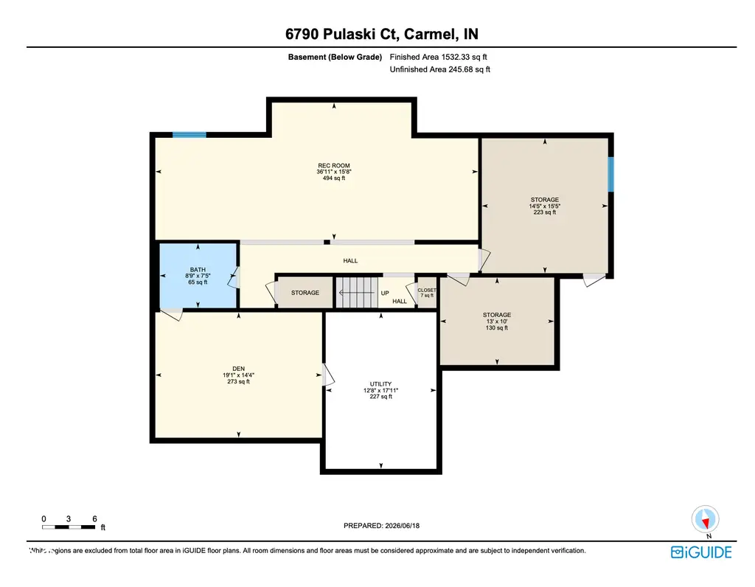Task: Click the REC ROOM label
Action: click(x=334, y=166)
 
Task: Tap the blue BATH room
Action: click(x=198, y=276)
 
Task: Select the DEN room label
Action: click(x=238, y=369)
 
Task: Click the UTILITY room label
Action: click(x=380, y=384)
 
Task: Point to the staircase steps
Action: click(x=356, y=292)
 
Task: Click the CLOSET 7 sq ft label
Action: click(x=427, y=293)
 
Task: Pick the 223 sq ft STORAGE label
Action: click(x=545, y=206)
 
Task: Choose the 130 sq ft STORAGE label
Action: click(x=497, y=322)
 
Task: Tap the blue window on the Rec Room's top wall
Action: click(x=189, y=135)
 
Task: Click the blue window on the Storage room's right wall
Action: click(x=610, y=174)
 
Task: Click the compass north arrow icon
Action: click(x=706, y=520)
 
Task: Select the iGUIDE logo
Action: click(x=701, y=552)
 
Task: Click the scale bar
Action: click(x=69, y=527)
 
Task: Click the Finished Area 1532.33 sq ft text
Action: click(x=438, y=57)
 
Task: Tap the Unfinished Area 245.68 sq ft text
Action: click(x=440, y=69)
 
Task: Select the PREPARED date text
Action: click(x=381, y=526)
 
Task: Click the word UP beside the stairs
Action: click(x=385, y=293)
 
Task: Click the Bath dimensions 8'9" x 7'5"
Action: click(x=198, y=276)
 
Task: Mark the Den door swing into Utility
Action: click(x=328, y=375)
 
